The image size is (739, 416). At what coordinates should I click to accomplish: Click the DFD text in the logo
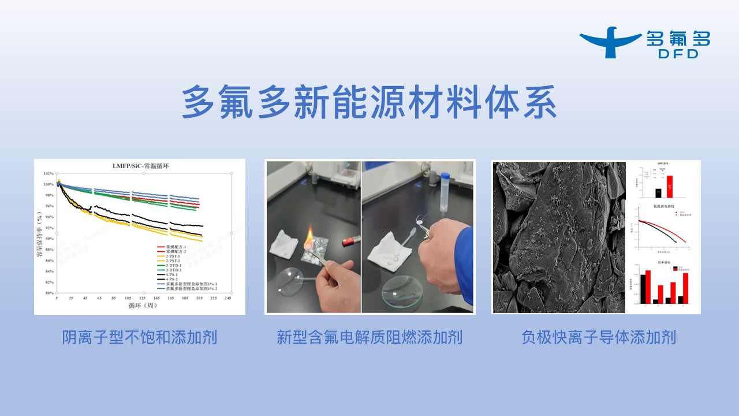678,54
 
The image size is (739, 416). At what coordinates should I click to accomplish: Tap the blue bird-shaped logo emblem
610,42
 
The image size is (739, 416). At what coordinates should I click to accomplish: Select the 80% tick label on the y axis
48,293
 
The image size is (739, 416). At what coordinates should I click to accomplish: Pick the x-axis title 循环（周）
140,306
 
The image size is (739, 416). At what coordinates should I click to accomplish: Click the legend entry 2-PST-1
174,258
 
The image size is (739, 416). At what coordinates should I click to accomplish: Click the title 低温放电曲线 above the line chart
662,206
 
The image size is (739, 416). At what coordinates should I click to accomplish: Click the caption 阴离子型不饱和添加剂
140,337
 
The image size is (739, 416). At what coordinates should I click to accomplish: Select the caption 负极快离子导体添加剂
599,337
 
